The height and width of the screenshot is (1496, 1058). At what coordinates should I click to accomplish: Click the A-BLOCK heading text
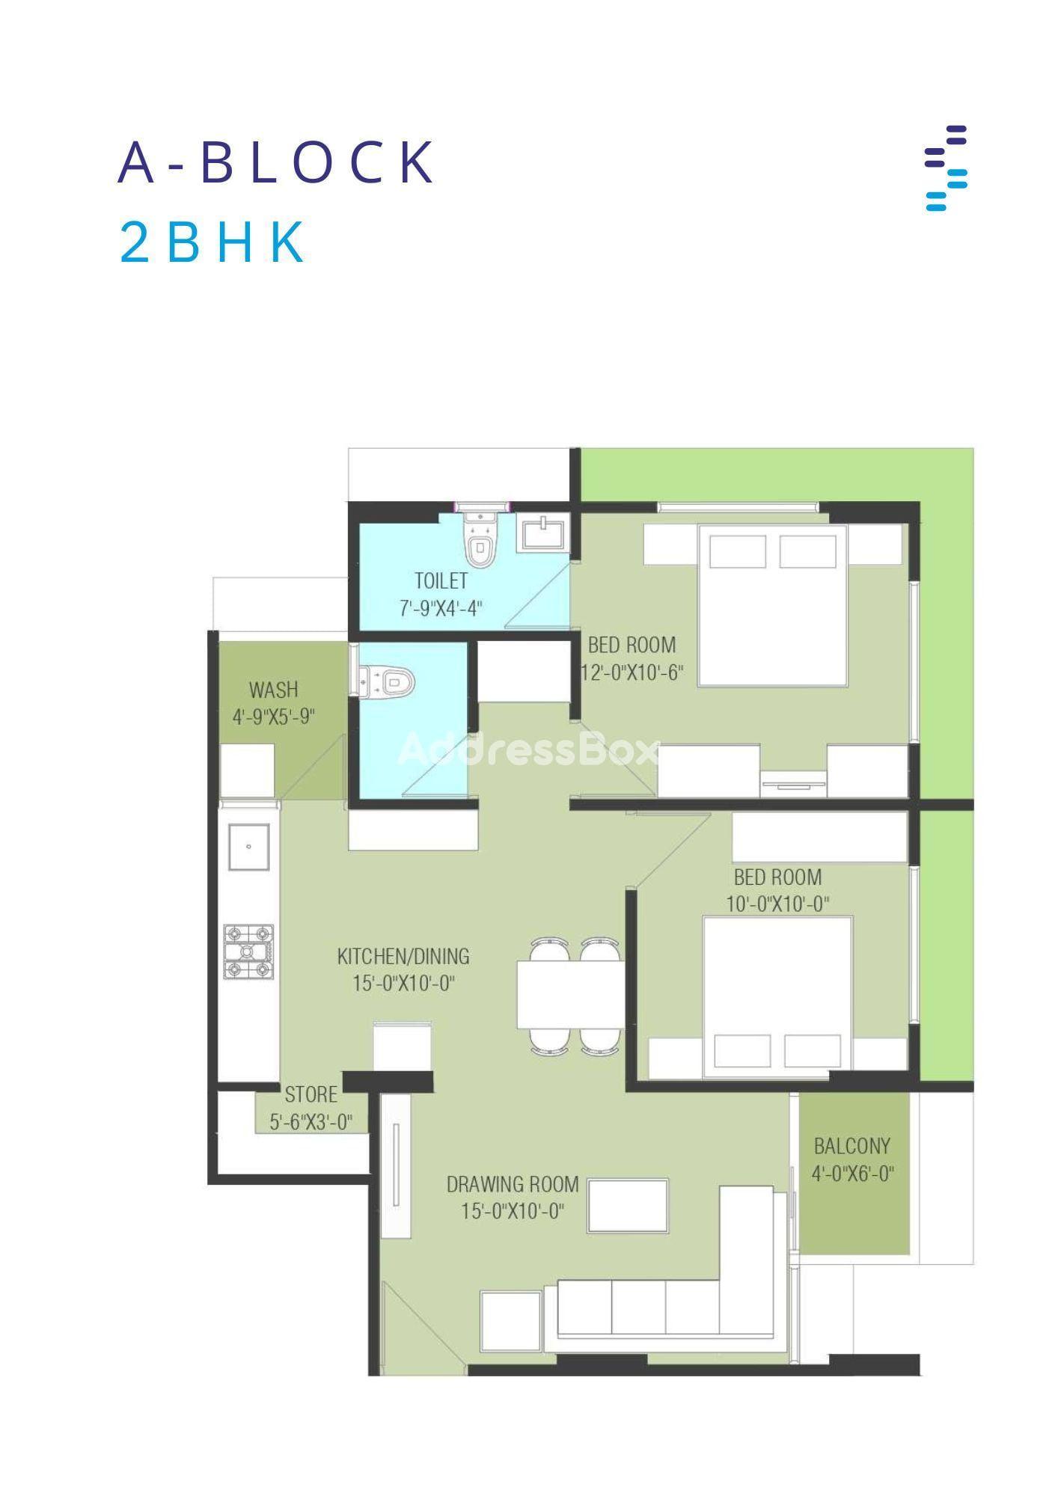[276, 162]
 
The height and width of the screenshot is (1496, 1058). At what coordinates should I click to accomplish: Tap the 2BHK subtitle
[212, 243]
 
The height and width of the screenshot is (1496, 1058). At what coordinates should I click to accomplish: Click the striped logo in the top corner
[946, 168]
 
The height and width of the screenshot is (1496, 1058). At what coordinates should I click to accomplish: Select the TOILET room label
[441, 580]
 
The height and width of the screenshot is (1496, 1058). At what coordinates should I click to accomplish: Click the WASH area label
[273, 689]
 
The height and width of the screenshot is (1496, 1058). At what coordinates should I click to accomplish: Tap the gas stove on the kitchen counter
[249, 952]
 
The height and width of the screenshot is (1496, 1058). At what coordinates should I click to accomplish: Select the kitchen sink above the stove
[249, 847]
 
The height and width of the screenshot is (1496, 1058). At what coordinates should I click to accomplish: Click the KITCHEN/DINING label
[403, 956]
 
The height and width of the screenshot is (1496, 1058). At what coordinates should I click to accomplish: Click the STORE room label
[311, 1095]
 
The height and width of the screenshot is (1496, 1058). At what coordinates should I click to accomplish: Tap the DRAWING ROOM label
[513, 1185]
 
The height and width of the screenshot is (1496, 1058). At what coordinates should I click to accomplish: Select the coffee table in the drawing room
[628, 1205]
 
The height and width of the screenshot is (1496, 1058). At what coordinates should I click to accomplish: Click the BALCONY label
[852, 1146]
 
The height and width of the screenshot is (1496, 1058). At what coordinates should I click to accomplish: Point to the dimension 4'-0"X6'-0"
[853, 1174]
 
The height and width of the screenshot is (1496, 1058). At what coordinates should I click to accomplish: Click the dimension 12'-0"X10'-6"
[633, 672]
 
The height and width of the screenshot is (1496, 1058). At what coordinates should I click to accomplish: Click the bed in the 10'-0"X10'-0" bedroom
[777, 998]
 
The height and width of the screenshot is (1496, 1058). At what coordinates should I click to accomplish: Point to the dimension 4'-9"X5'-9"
[274, 717]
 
